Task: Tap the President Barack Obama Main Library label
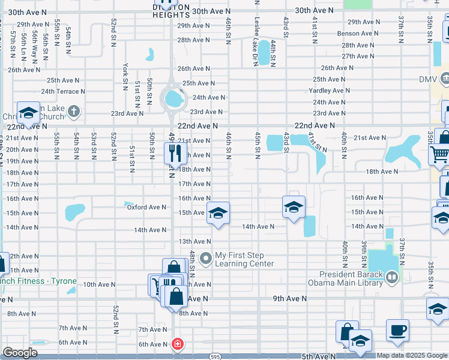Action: [x=345, y=279]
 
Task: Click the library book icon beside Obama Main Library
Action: [x=392, y=277]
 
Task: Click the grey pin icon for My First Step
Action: [x=206, y=259]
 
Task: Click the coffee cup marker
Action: [x=397, y=330]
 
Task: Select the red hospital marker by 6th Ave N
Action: [x=177, y=344]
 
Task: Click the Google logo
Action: [x=20, y=353]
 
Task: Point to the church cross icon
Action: [x=73, y=111]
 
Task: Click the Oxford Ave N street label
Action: [x=146, y=207]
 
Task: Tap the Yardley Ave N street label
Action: [x=329, y=91]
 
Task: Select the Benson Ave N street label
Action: [x=358, y=33]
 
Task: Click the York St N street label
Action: [x=125, y=73]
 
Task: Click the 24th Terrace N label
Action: [x=63, y=91]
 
